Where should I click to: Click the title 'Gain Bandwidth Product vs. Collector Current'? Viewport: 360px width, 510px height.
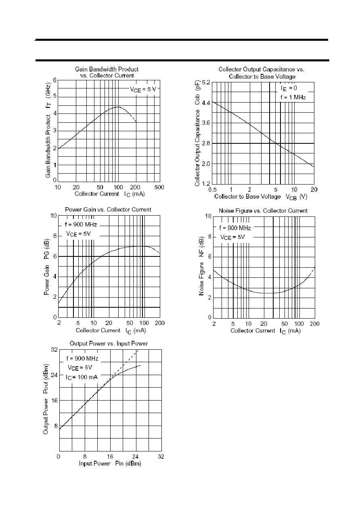107,72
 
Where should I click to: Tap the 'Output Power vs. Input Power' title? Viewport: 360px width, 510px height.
109,343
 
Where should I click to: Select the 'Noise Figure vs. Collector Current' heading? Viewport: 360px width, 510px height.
263,211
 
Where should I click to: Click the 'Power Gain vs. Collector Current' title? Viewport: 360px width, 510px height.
108,210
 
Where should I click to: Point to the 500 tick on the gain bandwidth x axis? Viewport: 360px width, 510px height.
159,187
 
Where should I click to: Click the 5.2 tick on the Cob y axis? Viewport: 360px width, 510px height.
206,82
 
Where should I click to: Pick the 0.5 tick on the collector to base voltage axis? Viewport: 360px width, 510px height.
212,190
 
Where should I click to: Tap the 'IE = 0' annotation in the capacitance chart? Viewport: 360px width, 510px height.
289,88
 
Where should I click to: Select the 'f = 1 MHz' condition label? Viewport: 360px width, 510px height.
293,97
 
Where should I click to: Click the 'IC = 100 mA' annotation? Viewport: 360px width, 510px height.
82,377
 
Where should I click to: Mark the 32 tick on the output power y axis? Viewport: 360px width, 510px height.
54,349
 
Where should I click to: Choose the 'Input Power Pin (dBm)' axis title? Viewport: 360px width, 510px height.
110,463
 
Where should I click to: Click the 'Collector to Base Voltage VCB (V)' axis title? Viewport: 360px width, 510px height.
261,197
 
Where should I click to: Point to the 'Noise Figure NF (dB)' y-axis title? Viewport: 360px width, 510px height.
201,266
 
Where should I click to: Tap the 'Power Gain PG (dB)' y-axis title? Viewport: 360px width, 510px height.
46,267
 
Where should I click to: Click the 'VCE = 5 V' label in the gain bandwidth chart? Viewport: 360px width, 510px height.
143,90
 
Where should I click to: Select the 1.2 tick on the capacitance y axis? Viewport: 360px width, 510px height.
206,183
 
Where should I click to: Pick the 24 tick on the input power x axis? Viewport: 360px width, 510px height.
135,456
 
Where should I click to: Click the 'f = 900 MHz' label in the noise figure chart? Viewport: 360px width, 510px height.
235,228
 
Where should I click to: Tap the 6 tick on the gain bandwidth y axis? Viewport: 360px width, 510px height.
54,80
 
